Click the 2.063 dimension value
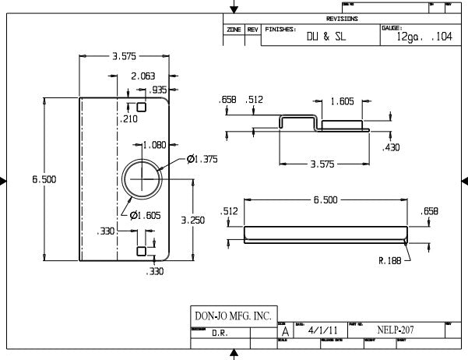143,76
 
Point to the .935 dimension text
159,90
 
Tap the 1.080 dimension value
156,145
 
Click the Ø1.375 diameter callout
202,159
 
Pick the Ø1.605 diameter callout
145,215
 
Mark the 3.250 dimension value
192,221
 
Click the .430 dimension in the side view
391,147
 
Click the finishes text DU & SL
325,37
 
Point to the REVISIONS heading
343,18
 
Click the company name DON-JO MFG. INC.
232,316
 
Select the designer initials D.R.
220,331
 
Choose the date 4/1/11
318,330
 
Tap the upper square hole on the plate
142,107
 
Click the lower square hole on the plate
141,251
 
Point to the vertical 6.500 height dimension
44,180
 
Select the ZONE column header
234,30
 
